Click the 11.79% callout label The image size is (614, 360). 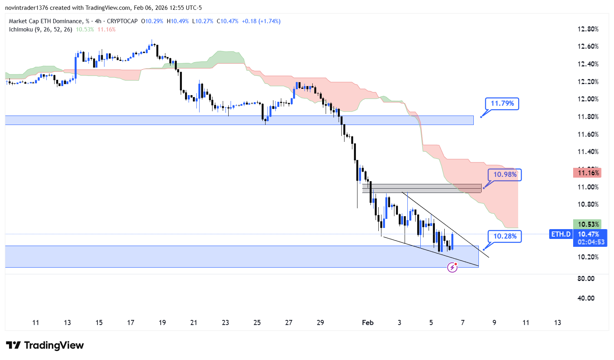click(x=502, y=104)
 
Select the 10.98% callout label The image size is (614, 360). click(x=505, y=174)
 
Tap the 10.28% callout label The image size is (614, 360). click(x=505, y=236)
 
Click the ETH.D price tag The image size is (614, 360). click(x=561, y=234)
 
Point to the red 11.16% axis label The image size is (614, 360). click(x=587, y=173)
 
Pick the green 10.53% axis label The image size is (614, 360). click(x=587, y=224)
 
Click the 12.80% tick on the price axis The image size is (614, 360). click(x=588, y=29)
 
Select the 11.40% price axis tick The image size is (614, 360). click(x=588, y=152)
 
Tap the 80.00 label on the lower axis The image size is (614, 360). click(x=586, y=279)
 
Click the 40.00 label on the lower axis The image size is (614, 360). click(x=586, y=298)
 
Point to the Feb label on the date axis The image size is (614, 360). click(x=368, y=323)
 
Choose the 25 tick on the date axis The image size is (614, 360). click(x=257, y=323)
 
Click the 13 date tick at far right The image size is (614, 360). click(x=557, y=323)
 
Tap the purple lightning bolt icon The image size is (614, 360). click(x=453, y=268)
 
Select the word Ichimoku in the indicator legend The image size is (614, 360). click(x=21, y=29)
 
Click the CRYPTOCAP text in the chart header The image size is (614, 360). click(x=122, y=21)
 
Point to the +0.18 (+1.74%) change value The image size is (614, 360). click(x=261, y=21)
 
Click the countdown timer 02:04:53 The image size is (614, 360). click(x=590, y=242)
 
